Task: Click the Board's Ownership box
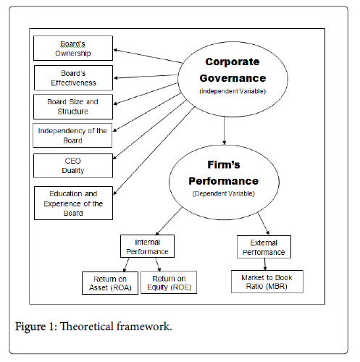tap(73, 49)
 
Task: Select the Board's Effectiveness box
tap(73, 77)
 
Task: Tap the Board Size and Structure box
tap(73, 106)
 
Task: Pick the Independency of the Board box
tap(72, 135)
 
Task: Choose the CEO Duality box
tap(73, 166)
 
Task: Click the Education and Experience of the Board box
tap(73, 203)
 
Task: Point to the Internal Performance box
tap(147, 246)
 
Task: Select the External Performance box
tap(264, 247)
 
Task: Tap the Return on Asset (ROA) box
tap(110, 283)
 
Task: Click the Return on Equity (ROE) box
tap(169, 282)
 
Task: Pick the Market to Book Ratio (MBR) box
tap(267, 282)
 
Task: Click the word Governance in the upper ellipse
tap(233, 78)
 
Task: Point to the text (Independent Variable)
tap(233, 91)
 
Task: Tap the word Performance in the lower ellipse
tap(224, 181)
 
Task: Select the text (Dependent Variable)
tap(224, 194)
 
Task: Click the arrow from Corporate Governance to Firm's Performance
tap(225, 131)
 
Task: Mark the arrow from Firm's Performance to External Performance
tap(264, 224)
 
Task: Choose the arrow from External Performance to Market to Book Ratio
tap(265, 264)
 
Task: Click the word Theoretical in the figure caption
tap(87, 327)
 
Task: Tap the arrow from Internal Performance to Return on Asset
tap(126, 265)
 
